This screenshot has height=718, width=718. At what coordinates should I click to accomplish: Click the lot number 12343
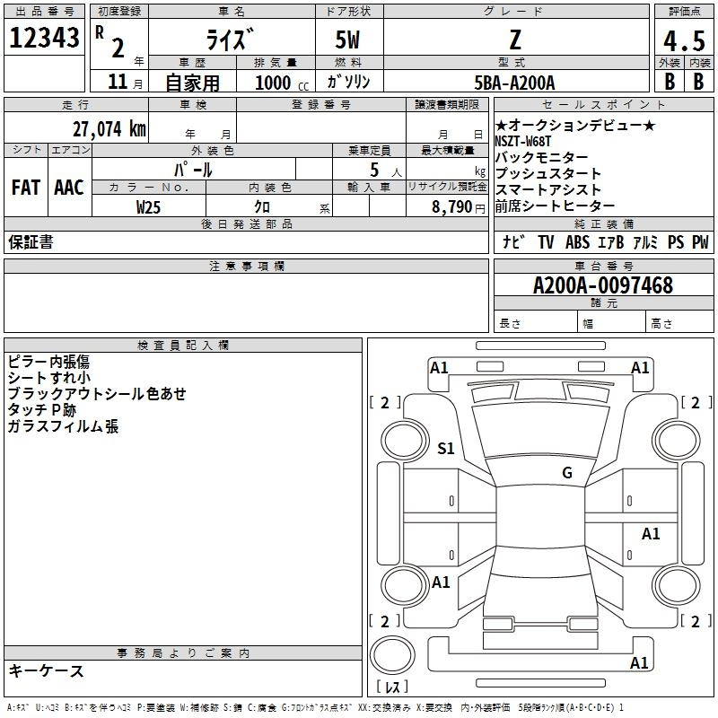[x=44, y=38]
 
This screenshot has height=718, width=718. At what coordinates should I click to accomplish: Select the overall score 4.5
[x=684, y=40]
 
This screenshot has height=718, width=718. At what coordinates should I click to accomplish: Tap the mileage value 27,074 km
[x=109, y=129]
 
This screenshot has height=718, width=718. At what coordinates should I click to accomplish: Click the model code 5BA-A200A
[x=514, y=83]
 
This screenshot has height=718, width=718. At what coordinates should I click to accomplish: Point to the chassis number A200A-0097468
[x=603, y=285]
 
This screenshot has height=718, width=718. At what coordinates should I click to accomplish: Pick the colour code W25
[x=148, y=207]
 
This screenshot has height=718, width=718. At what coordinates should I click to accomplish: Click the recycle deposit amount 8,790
[x=452, y=207]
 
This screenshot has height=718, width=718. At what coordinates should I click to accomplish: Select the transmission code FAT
[x=26, y=188]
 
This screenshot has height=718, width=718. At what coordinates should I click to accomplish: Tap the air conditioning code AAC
[x=69, y=188]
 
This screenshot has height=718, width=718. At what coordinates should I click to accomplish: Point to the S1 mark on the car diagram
[x=446, y=448]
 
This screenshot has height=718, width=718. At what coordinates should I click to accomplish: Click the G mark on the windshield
[x=567, y=472]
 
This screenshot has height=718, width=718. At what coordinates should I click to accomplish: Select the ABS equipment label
[x=577, y=242]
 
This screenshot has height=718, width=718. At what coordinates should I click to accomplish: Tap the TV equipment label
[x=546, y=242]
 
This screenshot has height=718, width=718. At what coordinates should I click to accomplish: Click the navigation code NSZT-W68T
[x=523, y=141]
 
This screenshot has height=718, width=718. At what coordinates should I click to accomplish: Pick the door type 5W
[x=347, y=39]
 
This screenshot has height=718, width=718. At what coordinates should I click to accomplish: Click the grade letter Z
[x=515, y=39]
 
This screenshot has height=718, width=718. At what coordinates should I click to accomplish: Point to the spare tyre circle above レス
[x=392, y=654]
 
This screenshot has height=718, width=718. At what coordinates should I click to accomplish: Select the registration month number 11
[x=118, y=82]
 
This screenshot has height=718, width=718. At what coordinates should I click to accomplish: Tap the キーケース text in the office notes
[x=47, y=670]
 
